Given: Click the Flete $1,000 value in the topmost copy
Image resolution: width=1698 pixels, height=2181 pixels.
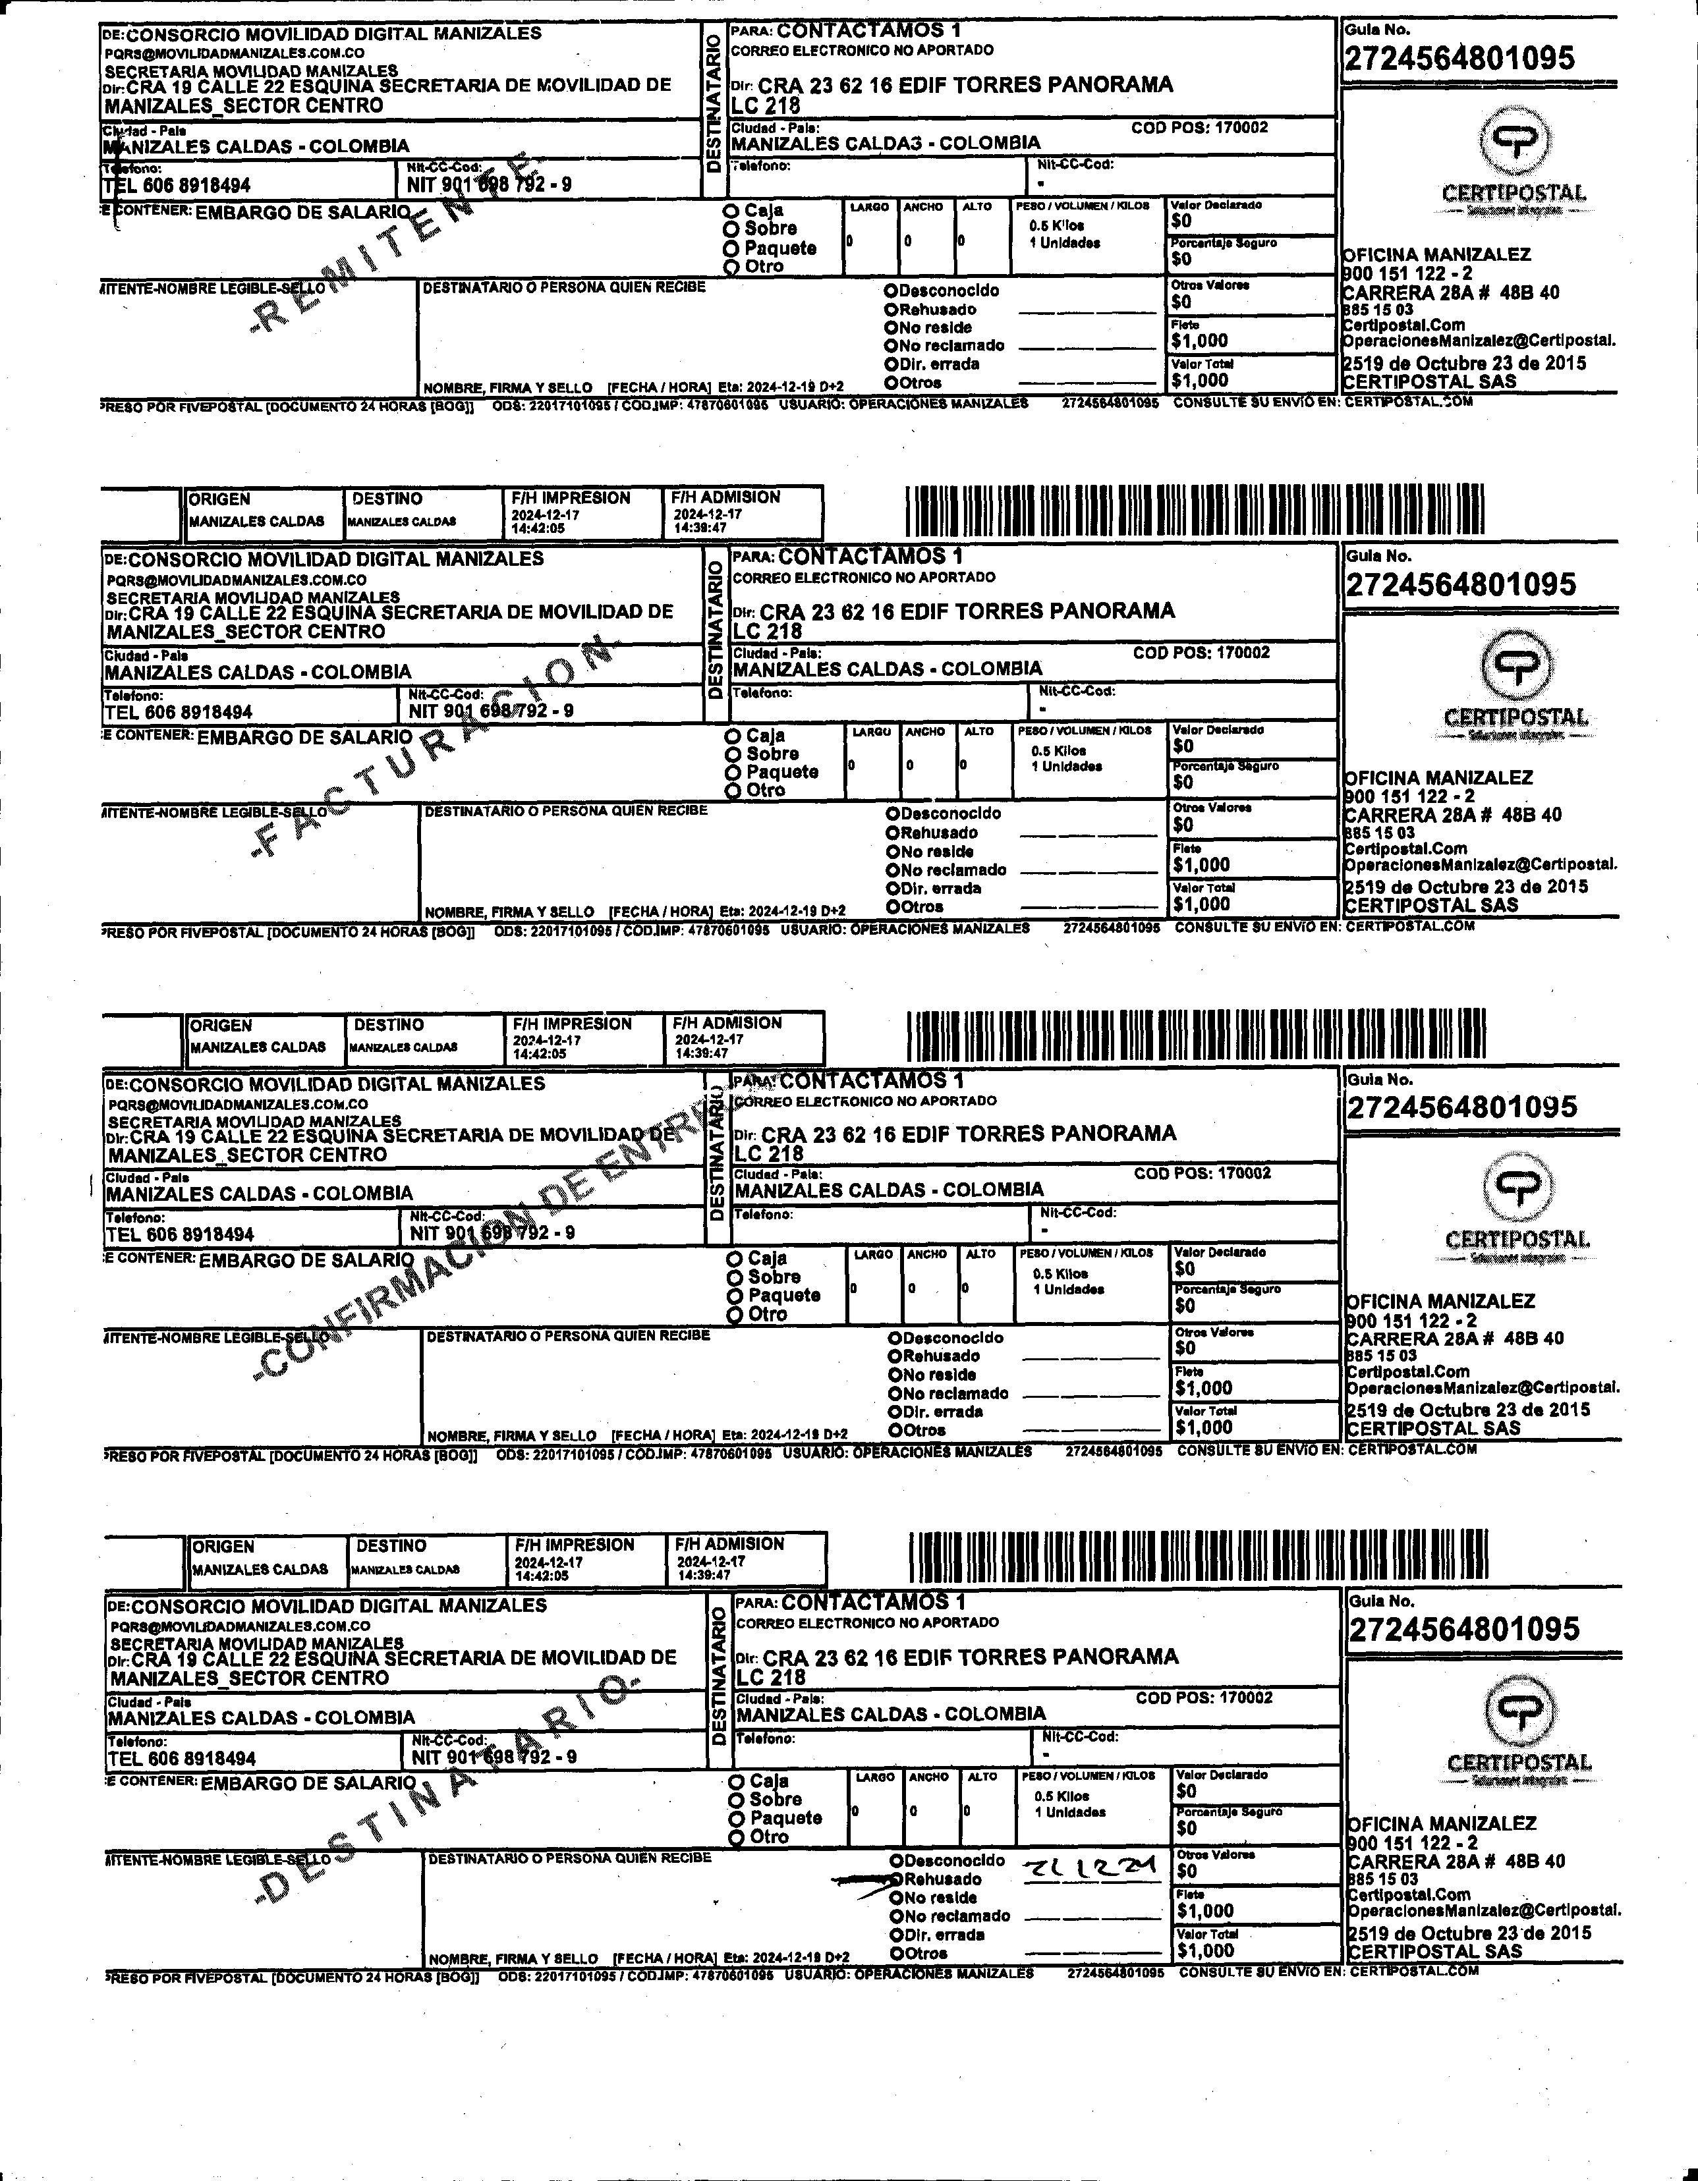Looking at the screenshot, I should click(x=1200, y=341).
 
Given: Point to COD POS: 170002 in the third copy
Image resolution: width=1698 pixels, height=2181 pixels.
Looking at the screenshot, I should click(x=1203, y=1173).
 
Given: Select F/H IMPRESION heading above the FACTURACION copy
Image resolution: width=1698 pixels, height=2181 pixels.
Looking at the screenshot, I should click(x=571, y=497).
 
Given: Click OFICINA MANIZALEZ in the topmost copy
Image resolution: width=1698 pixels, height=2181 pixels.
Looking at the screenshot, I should click(x=1437, y=255).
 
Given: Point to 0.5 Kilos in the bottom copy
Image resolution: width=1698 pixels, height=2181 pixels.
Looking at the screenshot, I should click(x=1061, y=1796).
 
